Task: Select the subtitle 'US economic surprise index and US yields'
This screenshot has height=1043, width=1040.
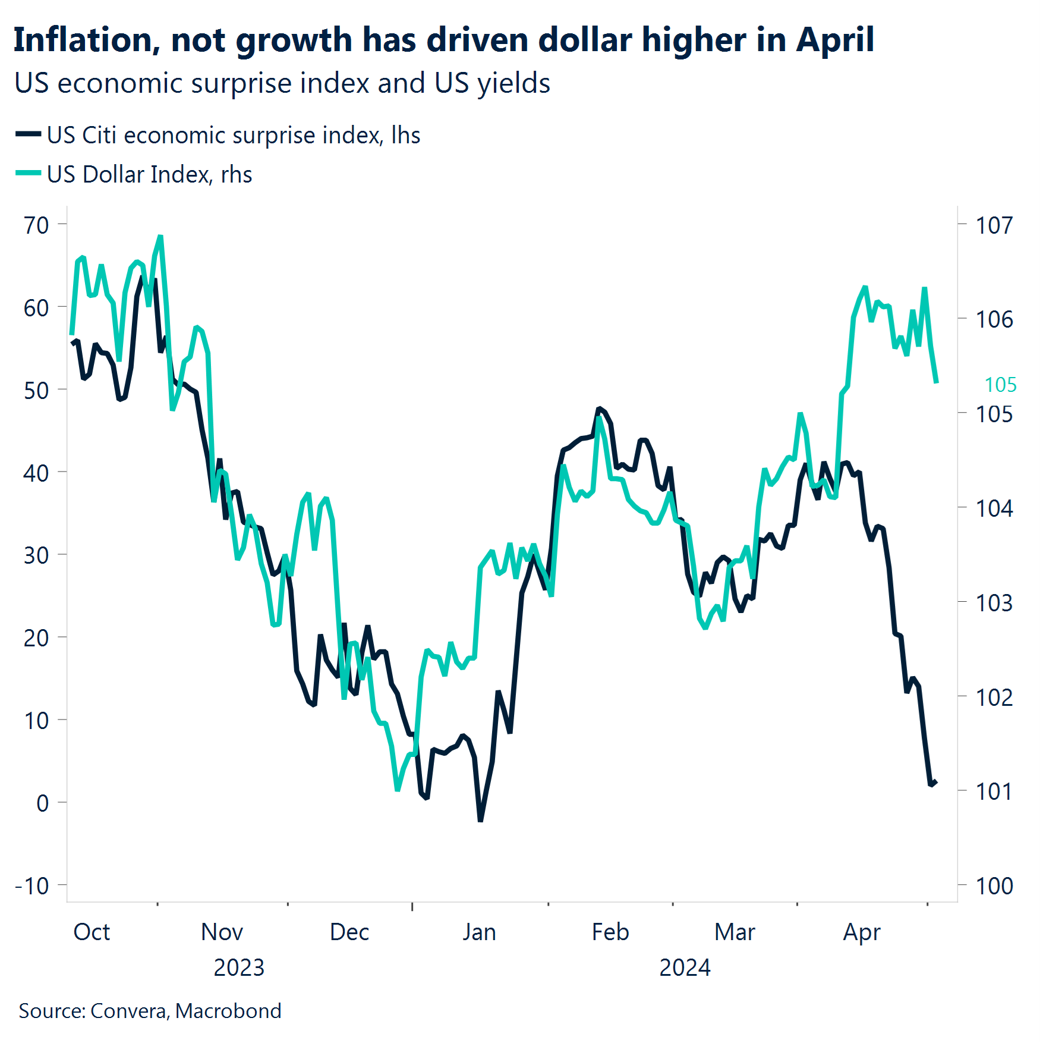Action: coord(282,83)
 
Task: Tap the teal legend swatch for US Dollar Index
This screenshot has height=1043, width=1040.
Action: coord(28,174)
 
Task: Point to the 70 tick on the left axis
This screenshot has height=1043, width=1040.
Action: coord(36,225)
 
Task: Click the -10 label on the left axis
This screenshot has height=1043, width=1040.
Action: coord(32,886)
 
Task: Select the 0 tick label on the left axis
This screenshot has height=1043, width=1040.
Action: coord(42,803)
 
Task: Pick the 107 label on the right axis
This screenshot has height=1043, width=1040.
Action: coord(994,225)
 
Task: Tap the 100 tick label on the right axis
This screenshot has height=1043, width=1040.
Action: coord(994,886)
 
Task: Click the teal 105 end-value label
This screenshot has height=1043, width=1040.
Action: coord(1000,385)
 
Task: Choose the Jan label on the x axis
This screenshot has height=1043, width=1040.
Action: coord(479,932)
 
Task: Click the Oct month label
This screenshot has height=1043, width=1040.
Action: coord(92,932)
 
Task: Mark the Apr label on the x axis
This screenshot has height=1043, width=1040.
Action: coord(862,932)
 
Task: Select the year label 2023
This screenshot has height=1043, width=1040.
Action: coord(239,968)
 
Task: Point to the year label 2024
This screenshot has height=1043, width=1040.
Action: coord(685,968)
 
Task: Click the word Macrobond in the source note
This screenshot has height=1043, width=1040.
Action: coord(228,1011)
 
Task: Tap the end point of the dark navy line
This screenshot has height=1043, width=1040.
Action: coord(936,782)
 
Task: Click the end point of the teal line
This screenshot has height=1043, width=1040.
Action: coord(937,382)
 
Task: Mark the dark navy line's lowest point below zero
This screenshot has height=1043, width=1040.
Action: coord(480,821)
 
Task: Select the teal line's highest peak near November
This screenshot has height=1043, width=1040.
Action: coord(160,237)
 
